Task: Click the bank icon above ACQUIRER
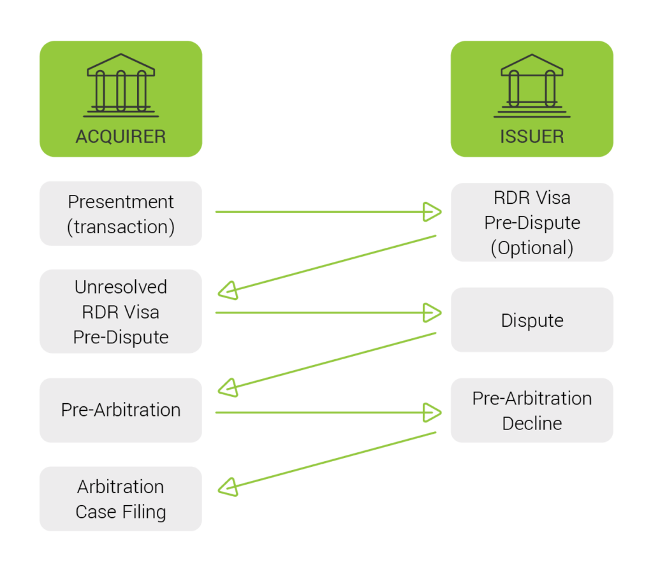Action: pos(121,85)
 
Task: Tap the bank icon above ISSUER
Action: pos(531,85)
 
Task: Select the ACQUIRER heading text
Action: pos(121,136)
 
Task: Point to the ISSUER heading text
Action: pos(531,136)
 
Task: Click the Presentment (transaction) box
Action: pos(121,214)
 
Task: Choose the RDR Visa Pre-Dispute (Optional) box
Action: pos(531,222)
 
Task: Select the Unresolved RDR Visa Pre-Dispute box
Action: pos(121,311)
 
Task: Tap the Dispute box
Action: pos(531,320)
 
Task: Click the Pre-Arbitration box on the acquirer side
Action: pos(121,410)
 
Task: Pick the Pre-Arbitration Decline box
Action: pos(531,410)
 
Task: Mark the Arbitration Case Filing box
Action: pos(121,499)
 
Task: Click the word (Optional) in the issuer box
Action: pos(531,248)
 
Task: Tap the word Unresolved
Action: pos(121,287)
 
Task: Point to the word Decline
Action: pos(531,423)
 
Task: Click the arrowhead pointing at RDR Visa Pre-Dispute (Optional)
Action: pos(433,211)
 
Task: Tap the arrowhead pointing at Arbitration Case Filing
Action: pos(228,487)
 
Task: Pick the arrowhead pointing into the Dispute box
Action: pos(433,313)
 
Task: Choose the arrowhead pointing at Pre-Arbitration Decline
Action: pos(433,412)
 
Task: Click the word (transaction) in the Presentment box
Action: pos(121,227)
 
